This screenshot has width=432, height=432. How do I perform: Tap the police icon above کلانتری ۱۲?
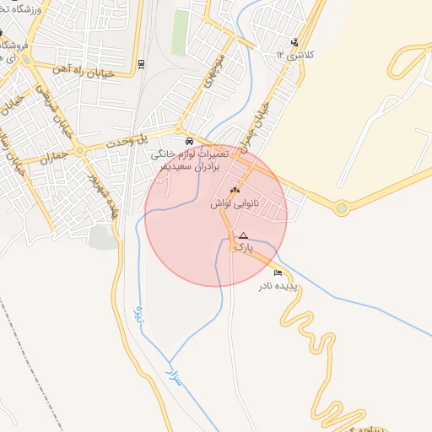(294, 42)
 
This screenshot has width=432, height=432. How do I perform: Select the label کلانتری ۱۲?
(294, 54)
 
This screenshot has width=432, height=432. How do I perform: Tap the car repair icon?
(188, 140)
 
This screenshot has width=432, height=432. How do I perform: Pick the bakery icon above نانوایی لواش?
(235, 192)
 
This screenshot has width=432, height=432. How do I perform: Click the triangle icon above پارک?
(243, 235)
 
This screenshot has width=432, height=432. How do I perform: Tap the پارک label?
(242, 249)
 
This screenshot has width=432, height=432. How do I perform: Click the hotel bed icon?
(278, 273)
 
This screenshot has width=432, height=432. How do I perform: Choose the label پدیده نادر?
(278, 286)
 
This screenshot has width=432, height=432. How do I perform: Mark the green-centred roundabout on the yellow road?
(341, 207)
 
